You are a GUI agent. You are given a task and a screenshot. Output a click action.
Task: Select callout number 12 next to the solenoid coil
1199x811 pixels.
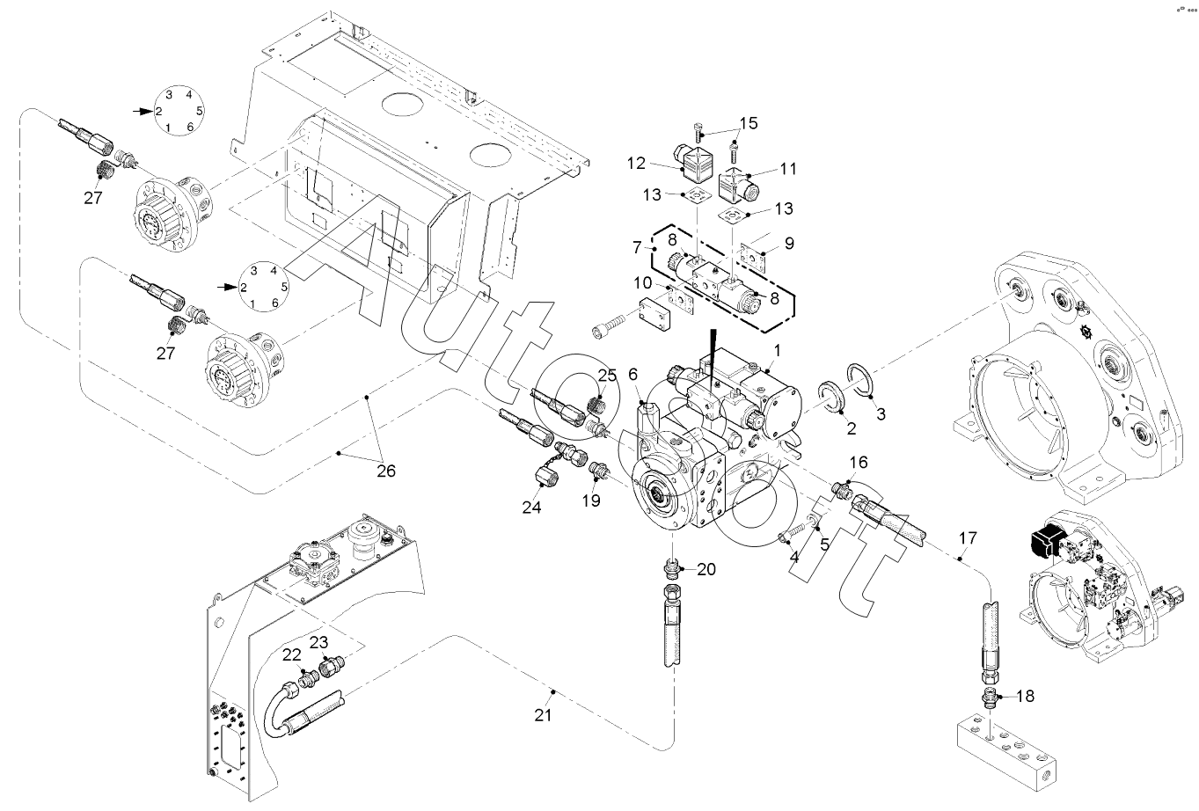pyautogui.click(x=636, y=163)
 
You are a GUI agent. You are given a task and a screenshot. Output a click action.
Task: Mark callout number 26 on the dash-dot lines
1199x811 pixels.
pyautogui.click(x=385, y=471)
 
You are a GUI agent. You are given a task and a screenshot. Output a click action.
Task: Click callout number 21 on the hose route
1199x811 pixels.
pyautogui.click(x=543, y=715)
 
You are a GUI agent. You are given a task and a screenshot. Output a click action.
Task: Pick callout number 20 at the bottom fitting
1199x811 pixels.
pyautogui.click(x=706, y=569)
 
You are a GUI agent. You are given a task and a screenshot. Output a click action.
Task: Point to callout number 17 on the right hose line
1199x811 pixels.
pyautogui.click(x=968, y=537)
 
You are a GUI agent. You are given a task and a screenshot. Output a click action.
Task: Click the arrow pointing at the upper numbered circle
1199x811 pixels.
pyautogui.click(x=141, y=111)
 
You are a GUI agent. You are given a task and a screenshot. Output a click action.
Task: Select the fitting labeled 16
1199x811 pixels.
pyautogui.click(x=842, y=487)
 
